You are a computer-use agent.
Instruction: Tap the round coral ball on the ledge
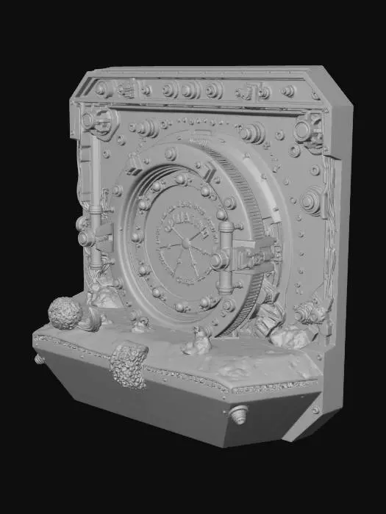tap(65, 314)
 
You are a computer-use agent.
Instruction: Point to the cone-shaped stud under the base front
tap(238, 415)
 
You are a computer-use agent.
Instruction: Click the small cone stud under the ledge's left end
tap(40, 358)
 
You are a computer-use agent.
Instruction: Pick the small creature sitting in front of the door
tap(197, 340)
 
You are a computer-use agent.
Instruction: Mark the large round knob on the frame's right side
tap(312, 200)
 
